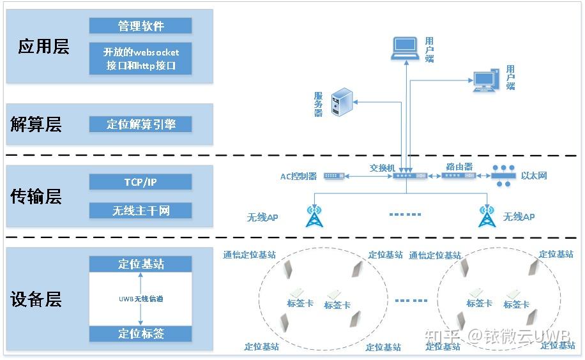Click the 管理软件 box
click(x=141, y=26)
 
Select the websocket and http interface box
click(x=141, y=59)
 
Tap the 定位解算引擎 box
click(x=141, y=124)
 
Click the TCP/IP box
click(x=141, y=183)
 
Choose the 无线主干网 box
click(x=141, y=210)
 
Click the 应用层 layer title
click(x=43, y=47)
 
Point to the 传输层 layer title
click(x=36, y=197)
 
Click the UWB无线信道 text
click(x=141, y=298)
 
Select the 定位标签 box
click(x=141, y=333)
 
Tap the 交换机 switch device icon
click(x=409, y=176)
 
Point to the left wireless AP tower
click(x=314, y=216)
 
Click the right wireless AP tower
click(x=487, y=216)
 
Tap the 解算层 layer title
click(x=36, y=124)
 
